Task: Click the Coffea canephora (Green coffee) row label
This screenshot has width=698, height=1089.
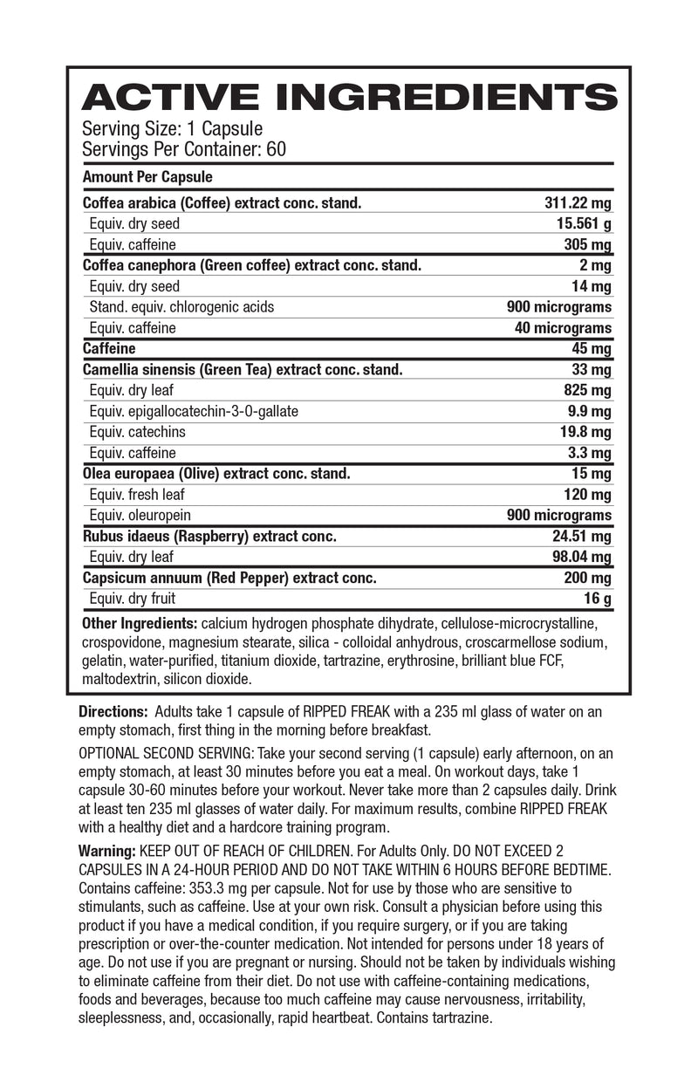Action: (x=251, y=265)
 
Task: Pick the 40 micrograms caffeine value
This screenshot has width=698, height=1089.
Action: (x=563, y=328)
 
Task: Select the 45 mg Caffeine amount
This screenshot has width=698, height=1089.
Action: (x=592, y=348)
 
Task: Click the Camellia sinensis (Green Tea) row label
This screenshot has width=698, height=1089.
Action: (x=243, y=369)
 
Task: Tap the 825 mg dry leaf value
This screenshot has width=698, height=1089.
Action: (x=588, y=390)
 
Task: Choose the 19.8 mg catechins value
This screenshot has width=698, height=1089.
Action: (x=584, y=432)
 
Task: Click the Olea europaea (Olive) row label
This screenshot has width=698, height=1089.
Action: (x=216, y=474)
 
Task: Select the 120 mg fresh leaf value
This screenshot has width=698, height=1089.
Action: (x=588, y=495)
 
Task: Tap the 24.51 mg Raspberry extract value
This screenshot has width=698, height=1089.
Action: (x=580, y=536)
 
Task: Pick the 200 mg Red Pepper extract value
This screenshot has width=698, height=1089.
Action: (x=588, y=578)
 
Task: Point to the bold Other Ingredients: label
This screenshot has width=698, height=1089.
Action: (x=139, y=624)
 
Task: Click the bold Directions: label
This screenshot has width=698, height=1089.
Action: (x=113, y=712)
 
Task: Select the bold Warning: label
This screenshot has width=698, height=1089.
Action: (x=107, y=850)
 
